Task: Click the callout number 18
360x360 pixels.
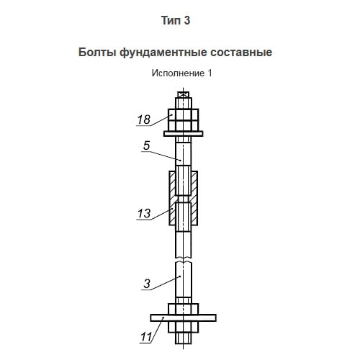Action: point(144,120)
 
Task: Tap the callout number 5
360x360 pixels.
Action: point(146,145)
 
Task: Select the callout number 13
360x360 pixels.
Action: point(144,213)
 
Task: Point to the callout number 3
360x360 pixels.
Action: point(147,284)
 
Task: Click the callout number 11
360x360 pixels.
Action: point(146,337)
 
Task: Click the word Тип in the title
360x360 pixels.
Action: point(171,20)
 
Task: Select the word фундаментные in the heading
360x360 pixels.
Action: point(163,53)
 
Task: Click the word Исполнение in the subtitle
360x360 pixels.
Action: point(178,73)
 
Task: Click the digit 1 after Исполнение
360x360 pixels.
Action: point(210,73)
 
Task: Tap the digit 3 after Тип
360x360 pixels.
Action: point(187,20)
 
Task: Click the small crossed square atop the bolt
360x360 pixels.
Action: point(184,94)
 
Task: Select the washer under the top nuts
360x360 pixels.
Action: point(184,134)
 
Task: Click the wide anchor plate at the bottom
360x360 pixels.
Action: point(184,318)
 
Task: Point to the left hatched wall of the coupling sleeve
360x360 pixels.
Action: point(172,198)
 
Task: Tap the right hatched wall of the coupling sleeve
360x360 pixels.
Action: point(194,198)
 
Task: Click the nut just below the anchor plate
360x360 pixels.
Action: point(184,327)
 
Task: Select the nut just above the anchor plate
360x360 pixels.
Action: point(184,309)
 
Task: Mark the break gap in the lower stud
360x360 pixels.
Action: point(184,260)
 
